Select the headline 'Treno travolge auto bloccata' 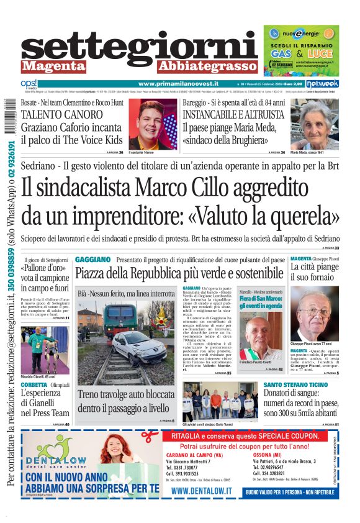tap(127, 394)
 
